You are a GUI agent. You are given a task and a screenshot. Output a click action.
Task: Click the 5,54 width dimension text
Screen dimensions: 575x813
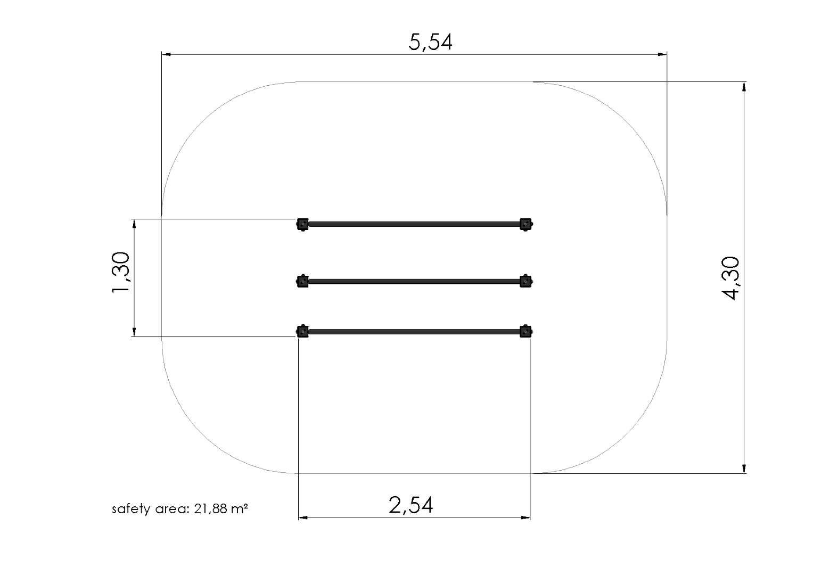point(430,42)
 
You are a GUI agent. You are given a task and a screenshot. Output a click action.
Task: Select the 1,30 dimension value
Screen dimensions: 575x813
point(121,273)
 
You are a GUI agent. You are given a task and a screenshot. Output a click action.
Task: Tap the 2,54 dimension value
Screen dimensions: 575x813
point(411,505)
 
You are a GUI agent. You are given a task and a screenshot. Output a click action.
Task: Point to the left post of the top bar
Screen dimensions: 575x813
point(302,224)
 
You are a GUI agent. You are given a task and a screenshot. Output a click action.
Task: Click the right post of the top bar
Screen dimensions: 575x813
point(525,224)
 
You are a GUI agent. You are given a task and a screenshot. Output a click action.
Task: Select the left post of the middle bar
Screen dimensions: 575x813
point(302,281)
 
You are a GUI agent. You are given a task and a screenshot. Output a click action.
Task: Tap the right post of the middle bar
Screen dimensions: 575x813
point(525,281)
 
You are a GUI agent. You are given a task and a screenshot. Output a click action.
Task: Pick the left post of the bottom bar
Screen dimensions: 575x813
point(302,332)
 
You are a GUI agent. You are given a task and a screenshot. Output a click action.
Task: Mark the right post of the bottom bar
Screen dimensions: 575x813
point(525,332)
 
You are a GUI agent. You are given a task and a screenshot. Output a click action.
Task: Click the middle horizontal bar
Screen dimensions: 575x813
point(414,281)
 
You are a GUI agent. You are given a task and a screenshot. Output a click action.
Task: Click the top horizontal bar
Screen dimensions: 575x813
point(414,224)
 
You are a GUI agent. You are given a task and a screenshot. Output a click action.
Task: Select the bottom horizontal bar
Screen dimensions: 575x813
point(414,332)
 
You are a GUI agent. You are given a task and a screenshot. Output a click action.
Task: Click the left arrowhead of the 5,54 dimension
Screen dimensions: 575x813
point(166,54)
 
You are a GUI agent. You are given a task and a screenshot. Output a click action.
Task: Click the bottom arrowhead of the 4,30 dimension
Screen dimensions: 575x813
point(744,468)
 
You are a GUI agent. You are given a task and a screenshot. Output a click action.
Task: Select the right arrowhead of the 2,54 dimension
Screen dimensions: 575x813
point(525,517)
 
